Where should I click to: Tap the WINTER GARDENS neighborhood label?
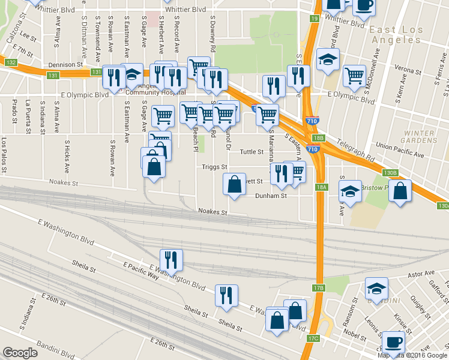pos(420,136)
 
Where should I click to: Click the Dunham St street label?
pos(271,196)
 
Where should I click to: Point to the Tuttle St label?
pos(252,152)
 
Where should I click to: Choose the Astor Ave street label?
pos(421,273)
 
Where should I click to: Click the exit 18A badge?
pos(322,187)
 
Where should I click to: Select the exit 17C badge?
pos(313,339)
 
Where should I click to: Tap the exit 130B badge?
pos(390,173)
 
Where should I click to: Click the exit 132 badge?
pos(10,62)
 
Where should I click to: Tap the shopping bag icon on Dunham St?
pos(234,185)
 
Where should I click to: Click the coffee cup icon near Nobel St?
pos(393,341)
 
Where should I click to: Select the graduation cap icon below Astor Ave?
pos(376,289)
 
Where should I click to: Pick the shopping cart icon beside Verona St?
pos(355,75)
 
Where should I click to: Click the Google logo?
pos(20,352)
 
